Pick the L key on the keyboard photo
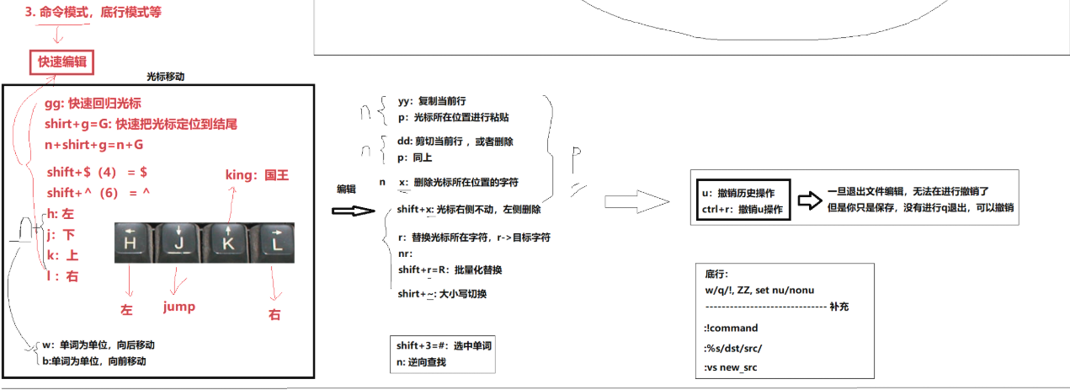tap(274, 243)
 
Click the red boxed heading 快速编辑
tap(61, 62)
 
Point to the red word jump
tap(178, 307)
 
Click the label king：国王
tap(257, 174)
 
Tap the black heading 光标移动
tap(165, 76)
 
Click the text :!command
tap(732, 328)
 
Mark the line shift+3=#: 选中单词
tap(444, 346)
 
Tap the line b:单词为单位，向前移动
tap(93, 361)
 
